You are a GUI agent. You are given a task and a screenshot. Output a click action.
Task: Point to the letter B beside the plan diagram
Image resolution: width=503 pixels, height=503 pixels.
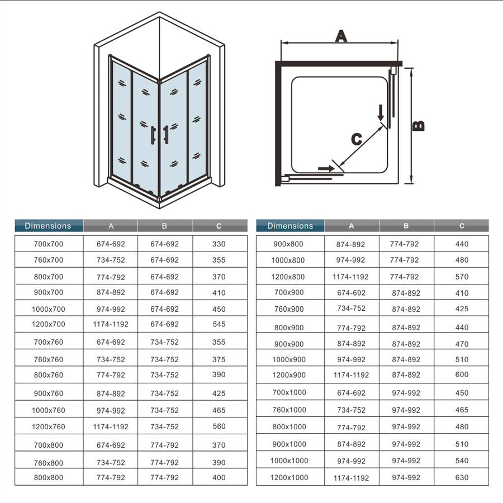pos(419,126)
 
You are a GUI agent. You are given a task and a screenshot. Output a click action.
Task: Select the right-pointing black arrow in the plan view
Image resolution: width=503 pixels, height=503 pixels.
pos(324,167)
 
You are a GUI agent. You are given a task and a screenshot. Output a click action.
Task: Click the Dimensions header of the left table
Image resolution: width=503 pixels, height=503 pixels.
pos(48,226)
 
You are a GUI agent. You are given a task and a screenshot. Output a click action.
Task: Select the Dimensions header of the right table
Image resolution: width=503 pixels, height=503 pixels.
pos(290,226)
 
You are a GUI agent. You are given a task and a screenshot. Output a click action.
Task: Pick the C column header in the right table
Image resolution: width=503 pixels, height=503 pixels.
pos(462,226)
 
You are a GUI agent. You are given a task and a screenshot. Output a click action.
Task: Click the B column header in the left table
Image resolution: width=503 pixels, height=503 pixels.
pos(165,226)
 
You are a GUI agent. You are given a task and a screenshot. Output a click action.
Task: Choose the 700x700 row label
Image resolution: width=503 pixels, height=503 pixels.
pos(48,244)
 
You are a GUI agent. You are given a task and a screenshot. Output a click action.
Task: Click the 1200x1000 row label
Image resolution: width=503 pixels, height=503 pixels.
pos(290,477)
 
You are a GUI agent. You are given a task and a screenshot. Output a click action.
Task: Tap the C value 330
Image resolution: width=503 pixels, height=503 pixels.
pos(219,244)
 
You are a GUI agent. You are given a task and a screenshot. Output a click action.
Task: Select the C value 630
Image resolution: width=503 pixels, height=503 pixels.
pos(462,477)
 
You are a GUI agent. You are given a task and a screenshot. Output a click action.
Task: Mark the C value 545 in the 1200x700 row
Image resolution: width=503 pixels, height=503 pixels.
pos(219,324)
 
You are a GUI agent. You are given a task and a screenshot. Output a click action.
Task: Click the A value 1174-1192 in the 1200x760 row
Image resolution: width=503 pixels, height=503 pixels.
pos(111,426)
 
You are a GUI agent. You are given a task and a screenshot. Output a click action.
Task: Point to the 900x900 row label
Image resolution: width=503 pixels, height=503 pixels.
pos(290,344)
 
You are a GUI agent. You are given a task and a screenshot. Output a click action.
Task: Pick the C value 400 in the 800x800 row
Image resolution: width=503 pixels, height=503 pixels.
pos(219,477)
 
